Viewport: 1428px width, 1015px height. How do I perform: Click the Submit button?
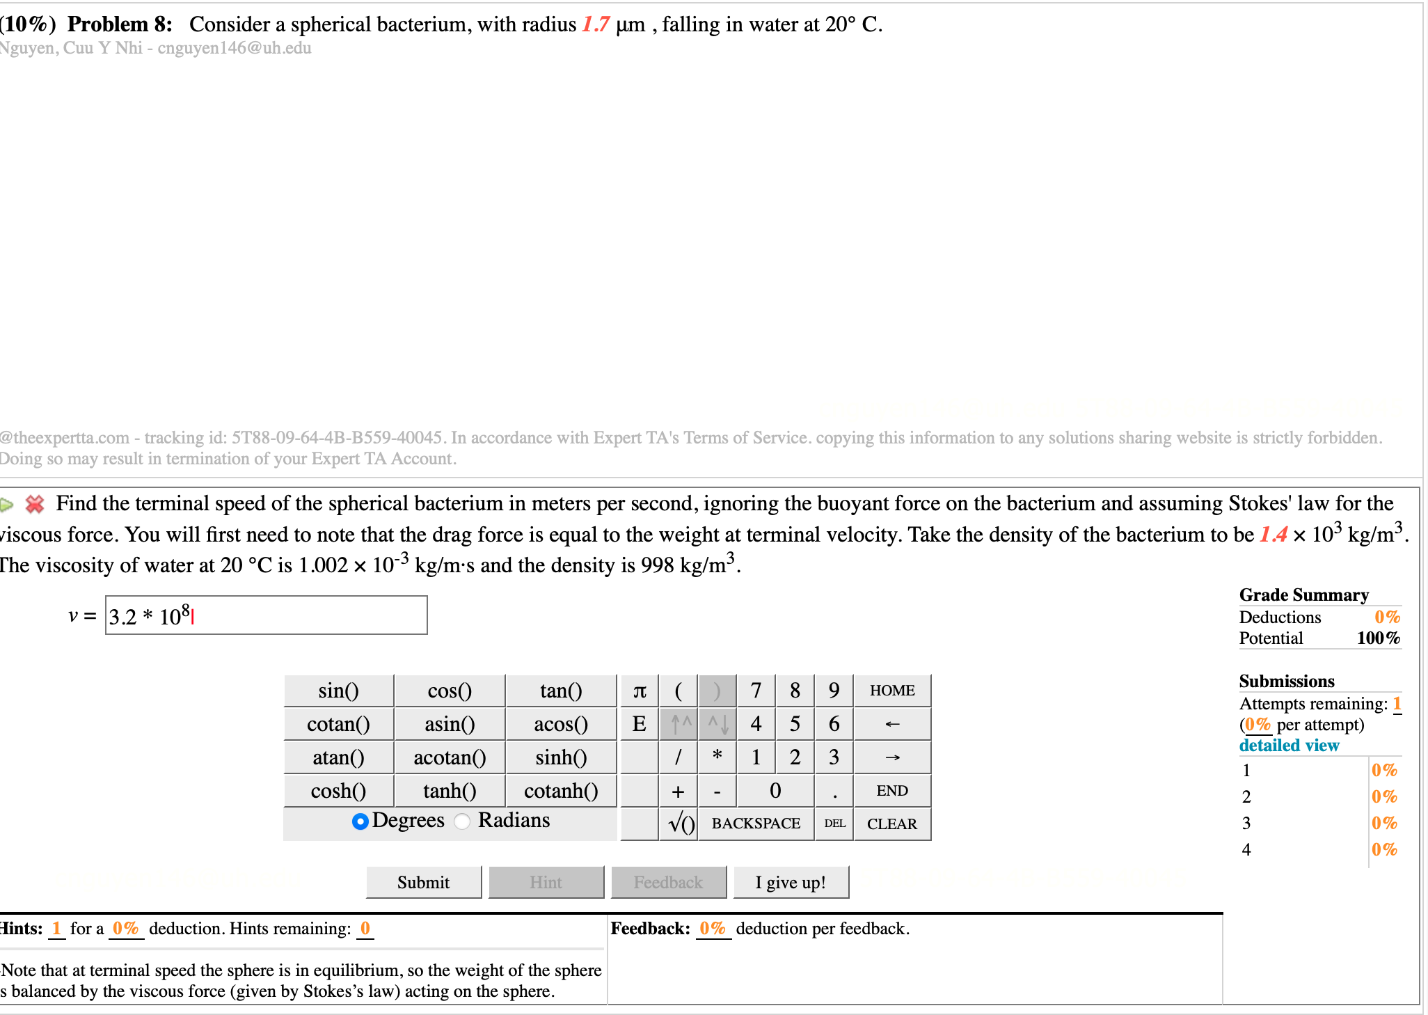click(423, 882)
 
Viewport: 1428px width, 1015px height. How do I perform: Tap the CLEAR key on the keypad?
click(891, 824)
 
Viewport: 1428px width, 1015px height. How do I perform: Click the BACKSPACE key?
click(756, 824)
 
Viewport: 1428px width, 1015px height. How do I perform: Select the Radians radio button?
click(462, 821)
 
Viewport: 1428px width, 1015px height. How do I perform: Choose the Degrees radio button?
click(360, 821)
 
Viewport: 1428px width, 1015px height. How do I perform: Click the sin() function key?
click(338, 691)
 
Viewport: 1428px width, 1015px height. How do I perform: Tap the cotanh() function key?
click(561, 791)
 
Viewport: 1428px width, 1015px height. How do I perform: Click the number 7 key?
click(756, 691)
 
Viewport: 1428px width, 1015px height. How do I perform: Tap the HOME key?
click(891, 691)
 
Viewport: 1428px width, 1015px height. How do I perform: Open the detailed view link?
click(1289, 745)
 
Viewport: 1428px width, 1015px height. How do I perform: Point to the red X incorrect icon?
click(34, 503)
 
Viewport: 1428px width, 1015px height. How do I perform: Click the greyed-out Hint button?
click(546, 882)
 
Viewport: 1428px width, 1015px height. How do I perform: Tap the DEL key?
click(834, 824)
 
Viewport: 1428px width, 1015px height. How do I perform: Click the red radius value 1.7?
click(596, 24)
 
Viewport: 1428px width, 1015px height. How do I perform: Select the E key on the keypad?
click(639, 724)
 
